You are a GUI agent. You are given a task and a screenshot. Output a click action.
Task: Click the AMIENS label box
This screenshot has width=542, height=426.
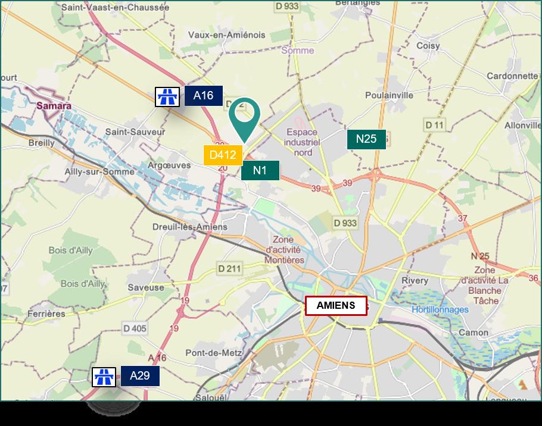(x=336, y=306)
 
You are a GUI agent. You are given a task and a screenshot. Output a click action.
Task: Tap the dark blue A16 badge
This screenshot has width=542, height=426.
(x=203, y=96)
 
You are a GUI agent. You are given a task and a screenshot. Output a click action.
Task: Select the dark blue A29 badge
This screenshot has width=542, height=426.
(x=140, y=376)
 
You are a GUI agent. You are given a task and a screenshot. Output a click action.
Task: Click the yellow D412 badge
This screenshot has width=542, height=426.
(x=223, y=155)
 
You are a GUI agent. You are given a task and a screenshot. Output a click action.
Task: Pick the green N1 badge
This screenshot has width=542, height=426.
(x=260, y=171)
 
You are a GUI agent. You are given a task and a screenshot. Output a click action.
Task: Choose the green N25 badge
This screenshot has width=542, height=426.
(x=366, y=139)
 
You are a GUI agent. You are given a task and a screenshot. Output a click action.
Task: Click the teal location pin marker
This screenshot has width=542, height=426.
(x=245, y=115)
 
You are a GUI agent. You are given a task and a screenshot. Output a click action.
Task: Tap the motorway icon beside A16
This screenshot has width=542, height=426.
(x=167, y=96)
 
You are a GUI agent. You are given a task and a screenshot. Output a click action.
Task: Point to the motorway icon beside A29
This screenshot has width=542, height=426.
(x=104, y=377)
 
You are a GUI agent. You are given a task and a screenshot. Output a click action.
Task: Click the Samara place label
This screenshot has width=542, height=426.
(x=54, y=106)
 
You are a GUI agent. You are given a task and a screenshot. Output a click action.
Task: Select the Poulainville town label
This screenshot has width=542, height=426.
(x=389, y=95)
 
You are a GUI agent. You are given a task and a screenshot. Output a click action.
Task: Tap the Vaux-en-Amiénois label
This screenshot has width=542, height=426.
(x=226, y=35)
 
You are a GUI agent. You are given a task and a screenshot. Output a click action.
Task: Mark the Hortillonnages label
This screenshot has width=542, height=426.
(x=440, y=309)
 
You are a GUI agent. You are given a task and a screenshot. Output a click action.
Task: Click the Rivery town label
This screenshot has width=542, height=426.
(x=415, y=280)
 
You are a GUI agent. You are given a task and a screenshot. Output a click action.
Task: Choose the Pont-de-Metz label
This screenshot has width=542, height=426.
(x=213, y=353)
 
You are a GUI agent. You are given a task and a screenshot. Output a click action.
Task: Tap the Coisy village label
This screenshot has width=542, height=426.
(x=428, y=46)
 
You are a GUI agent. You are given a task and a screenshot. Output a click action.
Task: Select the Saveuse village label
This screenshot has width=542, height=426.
(x=145, y=287)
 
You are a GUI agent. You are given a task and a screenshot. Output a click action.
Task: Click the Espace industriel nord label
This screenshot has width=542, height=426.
(x=303, y=142)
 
